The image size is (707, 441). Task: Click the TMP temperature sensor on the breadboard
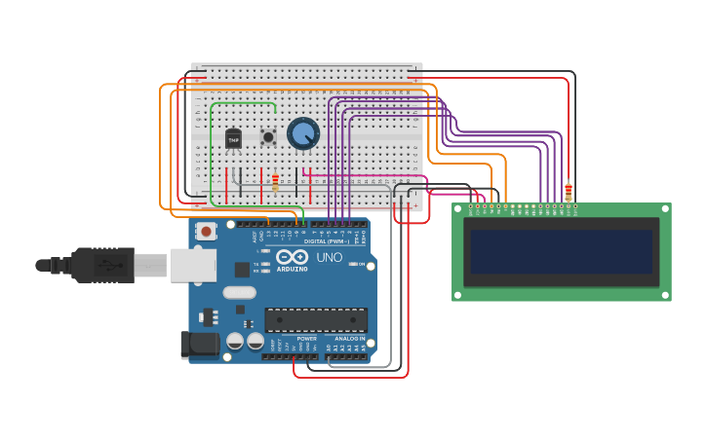click(x=233, y=139)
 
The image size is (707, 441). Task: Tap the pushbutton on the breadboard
click(x=268, y=137)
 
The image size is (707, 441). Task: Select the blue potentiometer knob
click(x=303, y=133)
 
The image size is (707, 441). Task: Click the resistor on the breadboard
click(x=275, y=181)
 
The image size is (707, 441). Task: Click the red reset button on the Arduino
click(x=206, y=231)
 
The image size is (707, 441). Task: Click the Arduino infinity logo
click(x=292, y=257)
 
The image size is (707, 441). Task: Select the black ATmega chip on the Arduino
click(x=316, y=319)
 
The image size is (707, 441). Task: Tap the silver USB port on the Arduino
click(x=192, y=265)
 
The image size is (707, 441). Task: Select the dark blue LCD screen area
click(x=561, y=251)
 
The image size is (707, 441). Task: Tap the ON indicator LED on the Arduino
click(x=358, y=264)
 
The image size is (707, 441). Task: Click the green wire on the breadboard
click(x=244, y=102)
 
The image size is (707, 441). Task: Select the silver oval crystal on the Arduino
click(x=239, y=292)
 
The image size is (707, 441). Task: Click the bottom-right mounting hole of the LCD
click(x=665, y=294)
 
